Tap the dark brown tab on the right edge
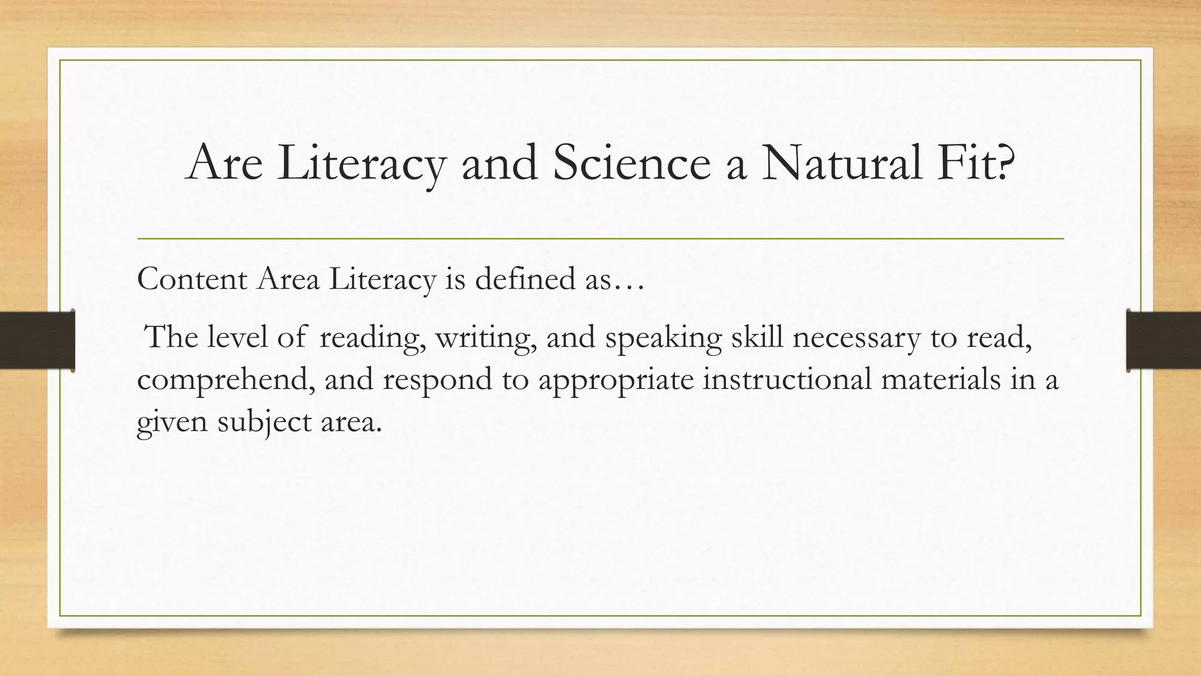pos(1163,340)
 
